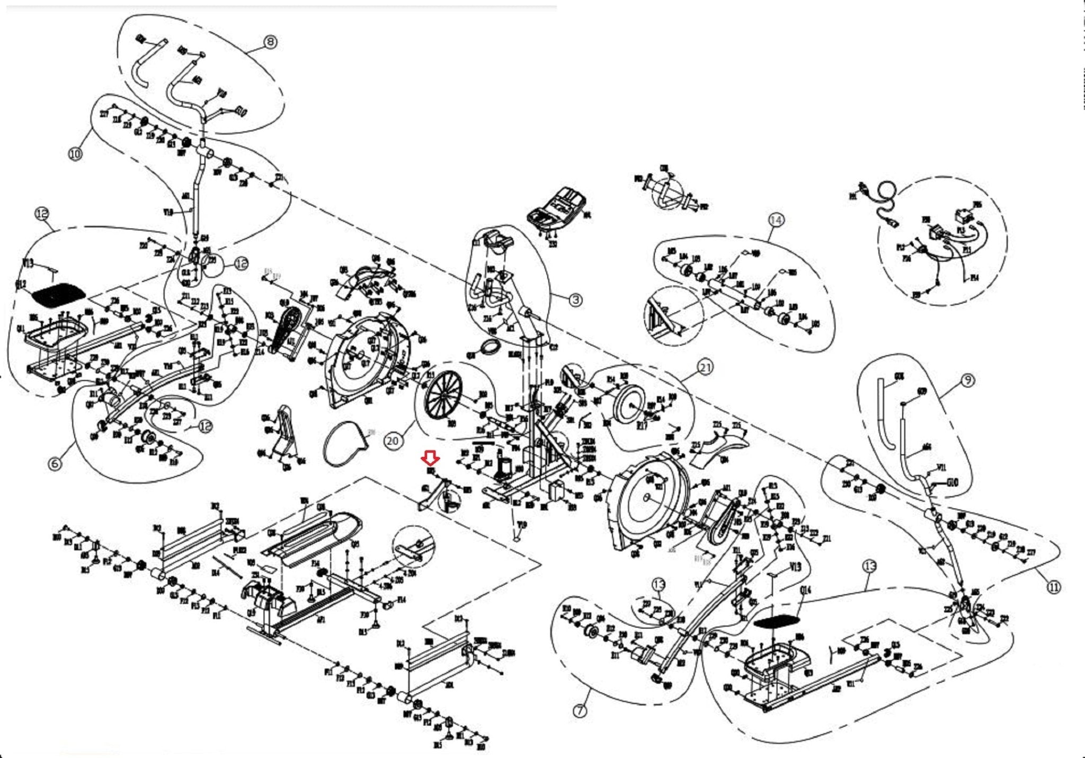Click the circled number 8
tap(270, 42)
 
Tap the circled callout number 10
tap(75, 154)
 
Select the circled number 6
tap(55, 463)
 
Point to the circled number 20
tap(393, 441)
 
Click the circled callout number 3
tap(576, 299)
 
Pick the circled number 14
tap(776, 219)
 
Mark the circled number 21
tap(705, 367)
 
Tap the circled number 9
tap(967, 380)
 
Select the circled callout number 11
tap(1054, 587)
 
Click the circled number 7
tap(581, 710)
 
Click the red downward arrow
tap(430, 457)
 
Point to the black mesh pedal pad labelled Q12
tap(58, 293)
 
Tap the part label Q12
tap(21, 285)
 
